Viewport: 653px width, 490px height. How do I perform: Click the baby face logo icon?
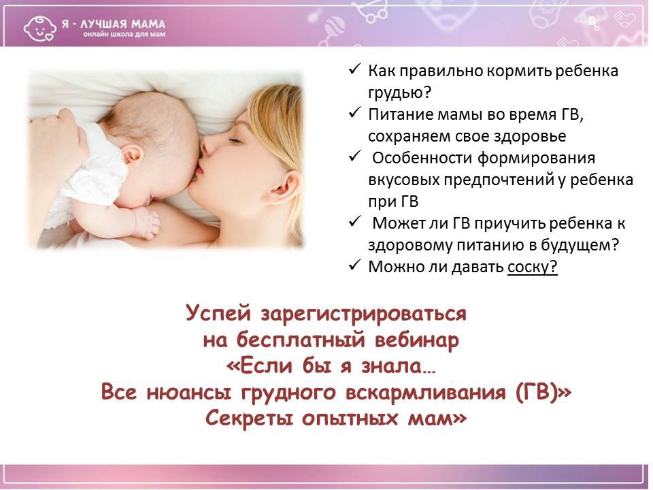pyautogui.click(x=38, y=27)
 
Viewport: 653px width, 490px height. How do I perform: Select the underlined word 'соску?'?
pyautogui.click(x=532, y=267)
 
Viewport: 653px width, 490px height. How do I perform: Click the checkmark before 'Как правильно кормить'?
pyautogui.click(x=354, y=71)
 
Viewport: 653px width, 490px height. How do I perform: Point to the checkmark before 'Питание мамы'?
pyautogui.click(x=354, y=114)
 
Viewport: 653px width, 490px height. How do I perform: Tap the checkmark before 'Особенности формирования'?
pyautogui.click(x=354, y=158)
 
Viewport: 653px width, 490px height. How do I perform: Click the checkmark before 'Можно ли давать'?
pyautogui.click(x=354, y=267)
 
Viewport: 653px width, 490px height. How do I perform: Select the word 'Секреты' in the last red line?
pyautogui.click(x=244, y=418)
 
